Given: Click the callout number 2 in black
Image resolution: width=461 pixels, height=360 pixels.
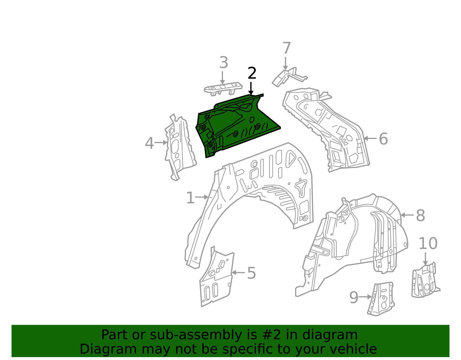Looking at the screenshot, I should (252, 73).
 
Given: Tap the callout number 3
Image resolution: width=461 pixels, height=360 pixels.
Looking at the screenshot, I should (224, 63).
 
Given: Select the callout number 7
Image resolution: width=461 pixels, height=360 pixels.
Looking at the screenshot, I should (286, 48).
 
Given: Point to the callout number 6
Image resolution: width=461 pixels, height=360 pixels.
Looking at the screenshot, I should (383, 139).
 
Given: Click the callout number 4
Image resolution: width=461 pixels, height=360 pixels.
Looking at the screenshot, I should (149, 143).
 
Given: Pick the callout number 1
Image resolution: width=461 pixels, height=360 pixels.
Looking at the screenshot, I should (190, 198).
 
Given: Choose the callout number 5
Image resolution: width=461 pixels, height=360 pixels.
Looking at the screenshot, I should (251, 273).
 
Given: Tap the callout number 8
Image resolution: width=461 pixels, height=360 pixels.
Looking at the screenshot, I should (420, 216).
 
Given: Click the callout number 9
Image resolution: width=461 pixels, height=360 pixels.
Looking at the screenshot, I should (354, 297).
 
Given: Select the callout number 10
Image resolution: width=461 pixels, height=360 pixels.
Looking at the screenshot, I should (428, 244).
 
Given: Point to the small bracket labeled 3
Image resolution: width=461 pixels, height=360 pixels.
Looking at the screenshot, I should (223, 88).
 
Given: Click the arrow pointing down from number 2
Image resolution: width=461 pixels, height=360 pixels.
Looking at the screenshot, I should (251, 88).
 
